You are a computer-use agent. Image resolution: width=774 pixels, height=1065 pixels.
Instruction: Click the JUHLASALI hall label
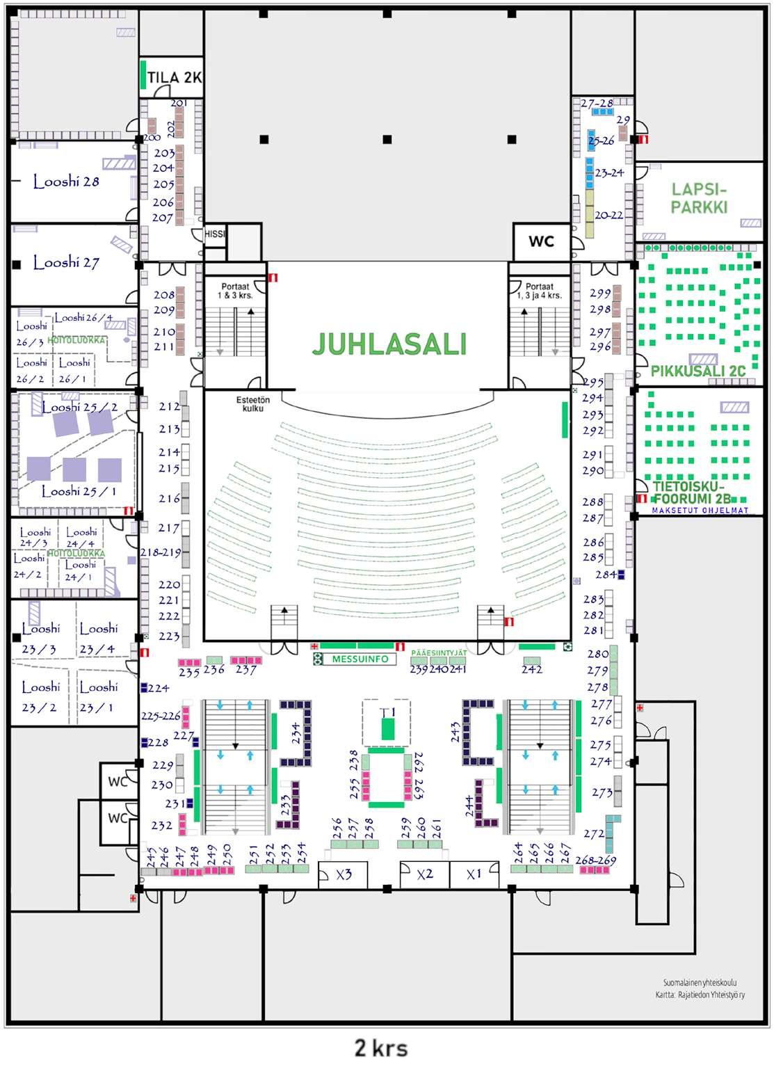pos(389,344)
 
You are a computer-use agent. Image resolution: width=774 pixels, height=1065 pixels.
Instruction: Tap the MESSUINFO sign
pos(360,659)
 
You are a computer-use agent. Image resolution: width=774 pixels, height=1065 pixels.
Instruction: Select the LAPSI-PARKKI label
pos(699,198)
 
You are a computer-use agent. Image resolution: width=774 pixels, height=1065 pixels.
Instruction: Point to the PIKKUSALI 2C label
pos(698,371)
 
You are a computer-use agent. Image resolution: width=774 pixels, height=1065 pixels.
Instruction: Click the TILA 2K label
pos(174,77)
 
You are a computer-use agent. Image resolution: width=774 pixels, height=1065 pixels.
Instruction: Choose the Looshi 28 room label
pos(66,182)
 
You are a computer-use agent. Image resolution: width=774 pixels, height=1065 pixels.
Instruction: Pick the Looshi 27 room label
pos(66,263)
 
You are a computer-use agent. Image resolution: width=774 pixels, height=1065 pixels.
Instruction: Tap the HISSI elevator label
pos(215,234)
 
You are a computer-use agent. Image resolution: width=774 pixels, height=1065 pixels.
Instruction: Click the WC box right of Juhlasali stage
pos(541,241)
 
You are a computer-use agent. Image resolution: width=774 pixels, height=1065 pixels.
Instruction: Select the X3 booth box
pos(344,874)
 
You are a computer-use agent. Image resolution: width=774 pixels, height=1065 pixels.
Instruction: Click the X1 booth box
pos(474,874)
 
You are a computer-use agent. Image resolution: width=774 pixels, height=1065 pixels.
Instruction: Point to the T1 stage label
pos(387,712)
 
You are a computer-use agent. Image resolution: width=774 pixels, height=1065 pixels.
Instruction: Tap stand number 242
pos(532,669)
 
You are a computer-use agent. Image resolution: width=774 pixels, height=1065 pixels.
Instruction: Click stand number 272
pos(594,833)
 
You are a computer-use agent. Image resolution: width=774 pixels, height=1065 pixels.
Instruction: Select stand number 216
pos(169,499)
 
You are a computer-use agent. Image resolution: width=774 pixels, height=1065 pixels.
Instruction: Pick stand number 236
pos(213,669)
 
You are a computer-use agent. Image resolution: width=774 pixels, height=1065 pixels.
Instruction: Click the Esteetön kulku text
pos(252,404)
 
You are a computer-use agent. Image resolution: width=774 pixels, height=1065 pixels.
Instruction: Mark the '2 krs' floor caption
pos(381,1048)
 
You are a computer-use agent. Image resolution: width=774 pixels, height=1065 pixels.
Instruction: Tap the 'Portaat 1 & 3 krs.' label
pos(236,291)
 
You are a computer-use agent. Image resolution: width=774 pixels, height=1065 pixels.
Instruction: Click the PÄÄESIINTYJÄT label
pos(438,653)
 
